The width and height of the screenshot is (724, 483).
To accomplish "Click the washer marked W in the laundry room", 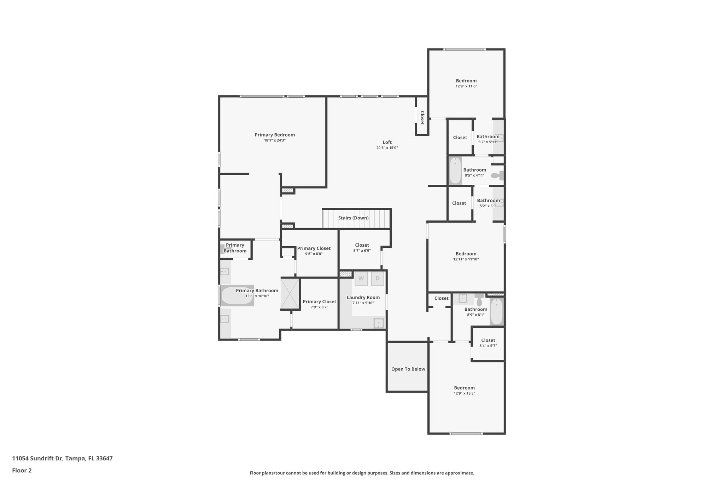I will click(361, 278).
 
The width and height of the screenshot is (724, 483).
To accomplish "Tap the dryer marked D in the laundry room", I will click(378, 278).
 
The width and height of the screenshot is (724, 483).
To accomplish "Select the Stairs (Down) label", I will click(353, 218).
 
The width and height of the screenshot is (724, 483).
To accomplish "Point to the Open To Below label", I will click(408, 369).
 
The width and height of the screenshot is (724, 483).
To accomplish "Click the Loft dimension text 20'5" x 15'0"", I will click(387, 148).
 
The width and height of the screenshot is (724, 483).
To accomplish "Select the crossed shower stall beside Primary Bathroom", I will click(290, 294).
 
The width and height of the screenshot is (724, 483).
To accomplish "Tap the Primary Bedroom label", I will click(275, 135).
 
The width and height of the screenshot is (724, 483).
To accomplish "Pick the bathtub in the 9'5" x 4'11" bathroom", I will click(455, 171).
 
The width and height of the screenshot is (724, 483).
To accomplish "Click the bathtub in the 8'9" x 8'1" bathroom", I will click(496, 311).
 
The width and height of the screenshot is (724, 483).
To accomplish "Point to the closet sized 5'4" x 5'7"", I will click(488, 343).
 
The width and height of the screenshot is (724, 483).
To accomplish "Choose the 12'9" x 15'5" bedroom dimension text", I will click(464, 393).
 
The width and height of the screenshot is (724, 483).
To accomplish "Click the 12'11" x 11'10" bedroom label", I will click(466, 254).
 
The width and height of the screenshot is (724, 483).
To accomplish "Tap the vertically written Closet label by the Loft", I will click(422, 118).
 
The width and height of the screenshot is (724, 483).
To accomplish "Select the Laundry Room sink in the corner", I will click(379, 323).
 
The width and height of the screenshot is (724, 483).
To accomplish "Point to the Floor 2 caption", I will click(22, 470).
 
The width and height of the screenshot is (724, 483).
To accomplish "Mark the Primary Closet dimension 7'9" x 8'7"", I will click(319, 307).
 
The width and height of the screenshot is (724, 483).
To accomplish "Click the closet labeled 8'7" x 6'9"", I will click(362, 247).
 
